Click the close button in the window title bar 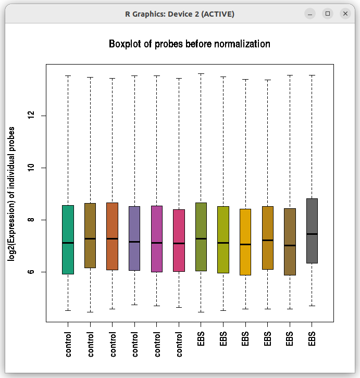click(345, 14)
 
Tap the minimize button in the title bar click(311, 14)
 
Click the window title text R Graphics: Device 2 click(180, 14)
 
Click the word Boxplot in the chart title click(125, 44)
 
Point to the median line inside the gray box click(312, 234)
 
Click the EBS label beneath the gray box click(312, 338)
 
